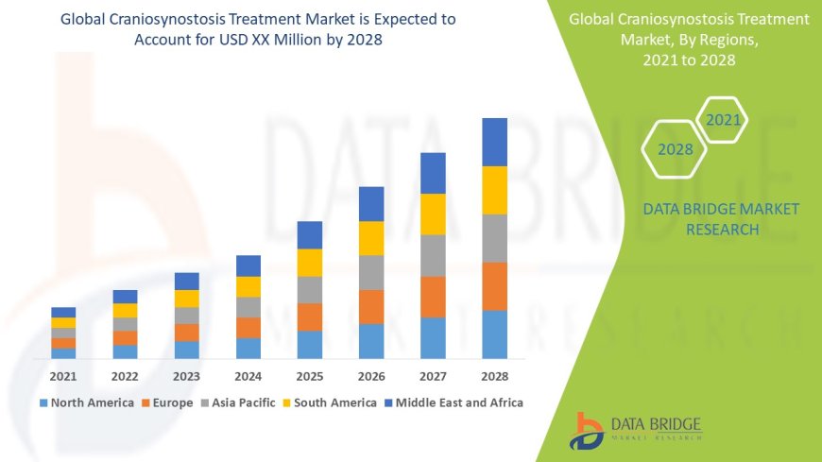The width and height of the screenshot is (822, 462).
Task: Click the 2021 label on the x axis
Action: [63, 376]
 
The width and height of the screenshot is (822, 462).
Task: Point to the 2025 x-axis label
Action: [309, 376]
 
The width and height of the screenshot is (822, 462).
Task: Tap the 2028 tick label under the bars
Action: [494, 376]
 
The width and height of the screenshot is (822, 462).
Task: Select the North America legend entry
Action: [86, 402]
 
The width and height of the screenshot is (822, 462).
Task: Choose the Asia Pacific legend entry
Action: [237, 402]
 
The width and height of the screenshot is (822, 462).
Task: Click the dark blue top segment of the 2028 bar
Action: [494, 142]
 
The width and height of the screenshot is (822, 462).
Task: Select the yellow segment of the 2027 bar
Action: [433, 214]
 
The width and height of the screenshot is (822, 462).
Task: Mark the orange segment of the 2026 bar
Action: [371, 306]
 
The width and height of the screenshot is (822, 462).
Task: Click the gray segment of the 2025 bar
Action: [310, 289]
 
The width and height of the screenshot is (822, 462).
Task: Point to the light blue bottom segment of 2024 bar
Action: [248, 348]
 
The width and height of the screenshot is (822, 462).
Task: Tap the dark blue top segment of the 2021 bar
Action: [63, 312]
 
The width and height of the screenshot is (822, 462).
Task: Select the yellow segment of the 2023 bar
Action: [187, 299]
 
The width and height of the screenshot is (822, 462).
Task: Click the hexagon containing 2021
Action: [723, 120]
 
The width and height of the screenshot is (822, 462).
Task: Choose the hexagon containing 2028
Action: [675, 149]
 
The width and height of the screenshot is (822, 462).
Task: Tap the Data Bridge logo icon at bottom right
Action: [587, 430]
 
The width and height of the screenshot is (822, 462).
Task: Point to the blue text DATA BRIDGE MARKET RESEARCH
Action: [721, 218]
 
